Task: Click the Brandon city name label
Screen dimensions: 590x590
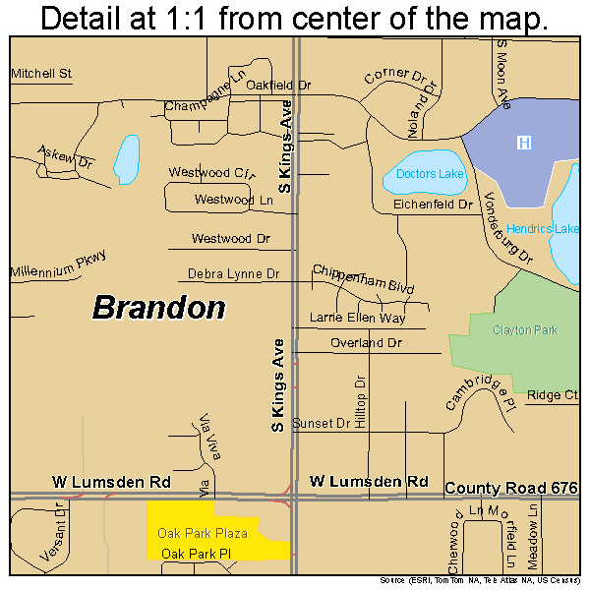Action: pos(158,308)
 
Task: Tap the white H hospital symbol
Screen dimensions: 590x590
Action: pos(524,144)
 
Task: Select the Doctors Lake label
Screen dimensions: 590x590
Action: pos(430,174)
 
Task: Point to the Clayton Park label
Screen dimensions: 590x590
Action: pos(525,330)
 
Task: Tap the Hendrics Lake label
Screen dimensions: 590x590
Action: pos(543,229)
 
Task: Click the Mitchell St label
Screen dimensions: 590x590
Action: pos(42,73)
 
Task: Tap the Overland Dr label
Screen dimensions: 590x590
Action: pos(366,343)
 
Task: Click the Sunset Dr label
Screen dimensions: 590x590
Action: pos(321,423)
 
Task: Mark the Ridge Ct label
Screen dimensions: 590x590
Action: pos(552,395)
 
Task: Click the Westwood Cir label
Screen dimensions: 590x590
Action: pos(211,172)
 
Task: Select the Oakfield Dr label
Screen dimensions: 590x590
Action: pos(278,86)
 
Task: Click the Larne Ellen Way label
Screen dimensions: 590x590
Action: pos(357,318)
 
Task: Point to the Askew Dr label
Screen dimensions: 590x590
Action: pos(65,156)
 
